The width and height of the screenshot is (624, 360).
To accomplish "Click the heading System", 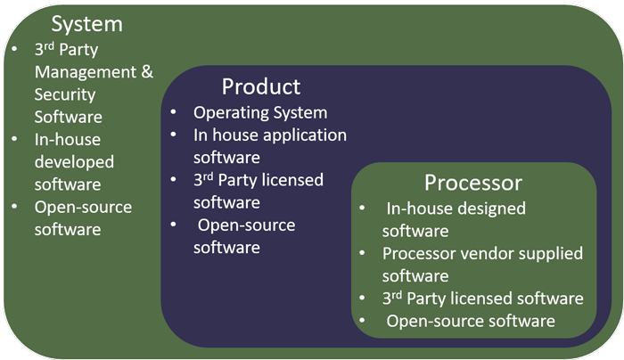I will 86,23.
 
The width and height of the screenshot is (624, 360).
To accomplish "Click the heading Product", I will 261,86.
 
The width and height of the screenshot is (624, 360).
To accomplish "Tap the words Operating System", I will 260,113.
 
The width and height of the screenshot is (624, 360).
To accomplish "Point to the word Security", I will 64,94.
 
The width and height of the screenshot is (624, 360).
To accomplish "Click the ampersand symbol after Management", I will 148,72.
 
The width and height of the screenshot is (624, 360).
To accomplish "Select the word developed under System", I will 74,161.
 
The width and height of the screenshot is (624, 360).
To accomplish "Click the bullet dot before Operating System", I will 176,114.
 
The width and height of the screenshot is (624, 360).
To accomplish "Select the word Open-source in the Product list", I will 246,225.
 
